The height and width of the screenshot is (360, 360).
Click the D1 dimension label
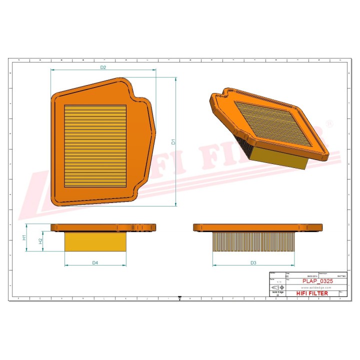click(x=173, y=141)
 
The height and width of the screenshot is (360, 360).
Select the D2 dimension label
click(x=103, y=67)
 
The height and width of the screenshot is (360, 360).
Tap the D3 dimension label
click(x=253, y=262)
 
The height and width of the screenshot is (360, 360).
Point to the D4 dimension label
click(x=95, y=262)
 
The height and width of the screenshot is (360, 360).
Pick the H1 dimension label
click(x=24, y=237)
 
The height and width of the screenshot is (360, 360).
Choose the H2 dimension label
click(x=41, y=241)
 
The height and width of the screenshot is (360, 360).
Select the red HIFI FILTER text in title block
click(x=312, y=293)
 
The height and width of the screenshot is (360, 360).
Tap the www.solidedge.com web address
click(x=314, y=288)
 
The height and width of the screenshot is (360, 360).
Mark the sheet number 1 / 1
click(x=278, y=282)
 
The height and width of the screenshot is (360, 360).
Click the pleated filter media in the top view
click(x=95, y=145)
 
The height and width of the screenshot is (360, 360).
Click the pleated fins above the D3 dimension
click(x=253, y=241)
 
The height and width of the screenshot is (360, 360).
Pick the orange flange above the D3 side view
click(x=253, y=227)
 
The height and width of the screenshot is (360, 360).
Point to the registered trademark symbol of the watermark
click(x=329, y=123)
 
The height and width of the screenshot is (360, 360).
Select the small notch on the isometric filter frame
click(x=227, y=92)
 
